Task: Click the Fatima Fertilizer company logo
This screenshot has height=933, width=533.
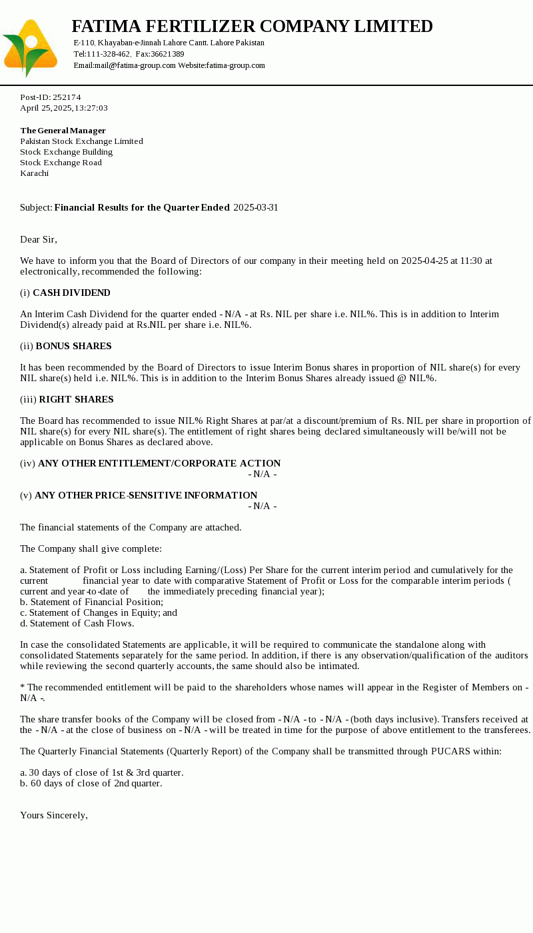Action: [30, 48]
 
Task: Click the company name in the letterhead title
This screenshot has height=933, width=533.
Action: [252, 26]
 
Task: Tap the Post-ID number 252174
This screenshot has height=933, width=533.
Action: [67, 97]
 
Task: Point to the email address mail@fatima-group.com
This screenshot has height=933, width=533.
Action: [135, 65]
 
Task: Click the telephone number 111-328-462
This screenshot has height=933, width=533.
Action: [109, 54]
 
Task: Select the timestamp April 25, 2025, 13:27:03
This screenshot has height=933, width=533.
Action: [64, 108]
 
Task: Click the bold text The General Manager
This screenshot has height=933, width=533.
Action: [63, 131]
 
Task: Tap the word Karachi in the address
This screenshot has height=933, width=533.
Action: [35, 173]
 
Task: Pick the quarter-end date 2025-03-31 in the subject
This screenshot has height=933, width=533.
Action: [256, 207]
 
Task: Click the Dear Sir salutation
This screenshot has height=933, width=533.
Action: [39, 239]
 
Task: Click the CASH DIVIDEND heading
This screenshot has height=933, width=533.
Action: [71, 293]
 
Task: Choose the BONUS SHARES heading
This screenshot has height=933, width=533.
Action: [73, 346]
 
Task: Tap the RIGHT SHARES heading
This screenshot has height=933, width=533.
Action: [76, 399]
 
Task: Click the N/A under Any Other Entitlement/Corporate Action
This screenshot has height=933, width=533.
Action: [263, 474]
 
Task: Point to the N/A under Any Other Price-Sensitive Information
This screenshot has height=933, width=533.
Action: [263, 506]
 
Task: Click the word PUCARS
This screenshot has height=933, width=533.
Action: [450, 751]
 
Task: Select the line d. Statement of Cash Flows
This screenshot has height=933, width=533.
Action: [77, 623]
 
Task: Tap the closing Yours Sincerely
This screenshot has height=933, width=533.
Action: [54, 815]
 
